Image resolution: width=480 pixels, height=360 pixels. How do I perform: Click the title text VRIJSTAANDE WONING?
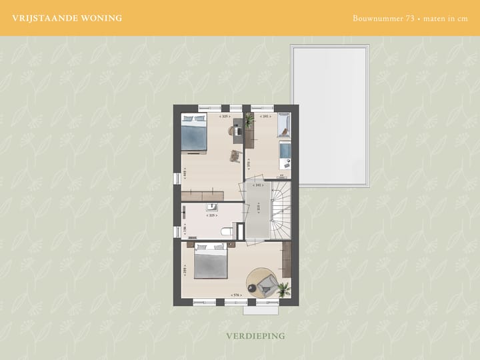[x=67, y=18]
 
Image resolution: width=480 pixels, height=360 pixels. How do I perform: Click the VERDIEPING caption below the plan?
[x=255, y=335]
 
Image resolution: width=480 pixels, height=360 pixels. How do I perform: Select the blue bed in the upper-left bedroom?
[x=194, y=133]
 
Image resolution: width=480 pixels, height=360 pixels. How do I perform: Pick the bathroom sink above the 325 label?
[x=212, y=207]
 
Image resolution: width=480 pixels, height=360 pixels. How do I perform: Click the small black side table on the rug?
[x=252, y=288]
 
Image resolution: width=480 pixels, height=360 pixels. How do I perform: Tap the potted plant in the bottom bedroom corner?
[x=284, y=289]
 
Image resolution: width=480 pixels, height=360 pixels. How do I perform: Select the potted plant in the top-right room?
[x=249, y=120]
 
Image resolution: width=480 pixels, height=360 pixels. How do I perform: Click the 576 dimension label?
[x=235, y=295]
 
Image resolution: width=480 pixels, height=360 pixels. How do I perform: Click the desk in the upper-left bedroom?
[x=238, y=131]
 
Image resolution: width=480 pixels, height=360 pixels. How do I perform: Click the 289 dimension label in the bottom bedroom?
[x=185, y=270]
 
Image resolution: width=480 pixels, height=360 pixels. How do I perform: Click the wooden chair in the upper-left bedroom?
[x=235, y=155]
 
